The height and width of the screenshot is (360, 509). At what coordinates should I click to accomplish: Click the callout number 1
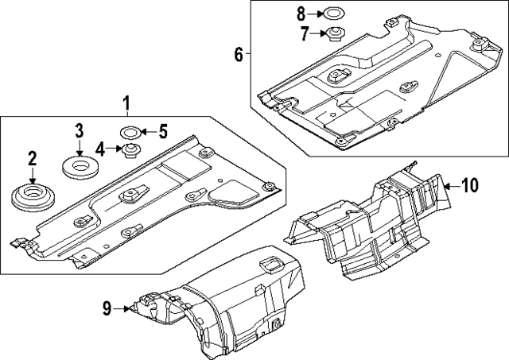125,103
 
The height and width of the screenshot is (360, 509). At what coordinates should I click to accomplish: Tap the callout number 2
33,159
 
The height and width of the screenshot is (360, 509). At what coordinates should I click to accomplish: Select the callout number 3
80,131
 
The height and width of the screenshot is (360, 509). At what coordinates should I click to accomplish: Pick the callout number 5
163,131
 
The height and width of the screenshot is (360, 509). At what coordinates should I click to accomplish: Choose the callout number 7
303,33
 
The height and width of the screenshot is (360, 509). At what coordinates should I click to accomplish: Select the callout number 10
469,186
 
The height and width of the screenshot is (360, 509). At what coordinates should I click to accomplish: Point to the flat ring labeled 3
80,168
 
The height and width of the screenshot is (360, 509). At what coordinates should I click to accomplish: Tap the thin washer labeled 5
130,131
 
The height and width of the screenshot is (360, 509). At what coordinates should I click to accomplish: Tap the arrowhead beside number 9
126,308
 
